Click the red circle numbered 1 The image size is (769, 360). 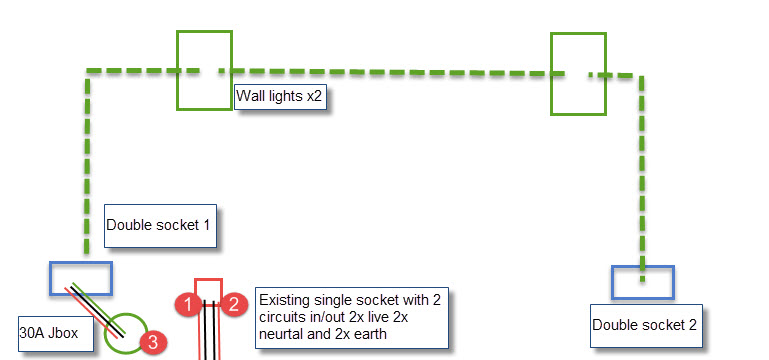(x=187, y=305)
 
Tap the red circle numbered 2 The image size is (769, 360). (x=234, y=305)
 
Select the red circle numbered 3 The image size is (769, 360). (x=153, y=342)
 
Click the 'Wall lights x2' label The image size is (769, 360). (x=280, y=97)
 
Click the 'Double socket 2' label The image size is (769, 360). (x=646, y=326)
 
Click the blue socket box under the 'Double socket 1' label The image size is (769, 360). (x=81, y=263)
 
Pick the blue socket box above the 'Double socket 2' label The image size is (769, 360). (x=643, y=267)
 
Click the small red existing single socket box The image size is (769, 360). (x=209, y=280)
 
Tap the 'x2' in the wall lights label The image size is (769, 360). (x=313, y=97)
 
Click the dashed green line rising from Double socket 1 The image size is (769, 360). (x=87, y=162)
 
